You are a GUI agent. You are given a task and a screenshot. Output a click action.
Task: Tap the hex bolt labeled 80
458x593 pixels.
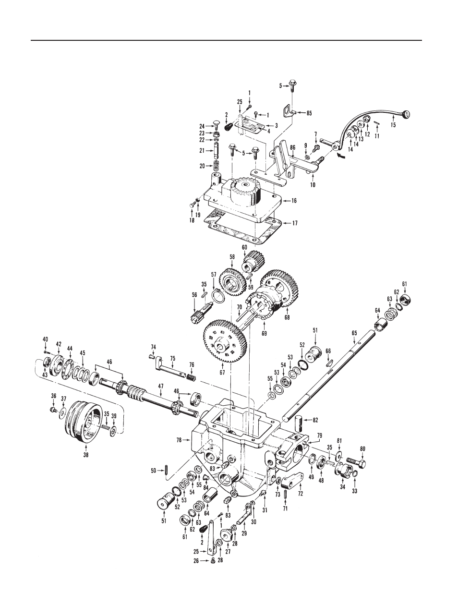pos(354,464)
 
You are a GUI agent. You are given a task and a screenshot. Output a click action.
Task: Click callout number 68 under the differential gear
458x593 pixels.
pos(288,317)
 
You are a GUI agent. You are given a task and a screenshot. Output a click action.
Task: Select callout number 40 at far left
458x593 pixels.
pos(45,339)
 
